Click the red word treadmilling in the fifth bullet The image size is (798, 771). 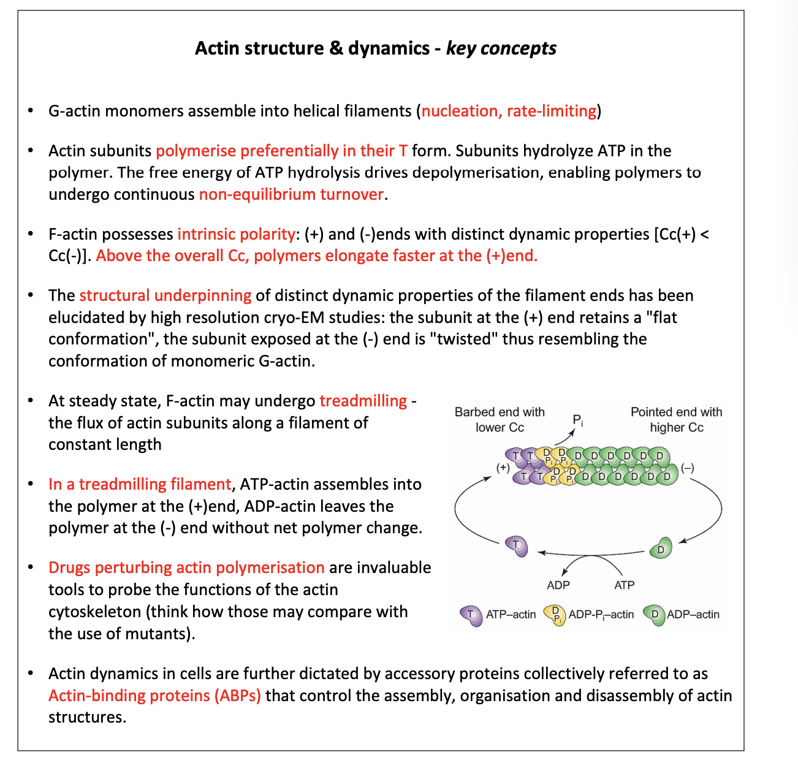(363, 401)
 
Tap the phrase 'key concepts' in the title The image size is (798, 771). (501, 48)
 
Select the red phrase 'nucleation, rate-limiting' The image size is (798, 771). (509, 111)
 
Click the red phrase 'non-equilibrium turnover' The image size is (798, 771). (291, 194)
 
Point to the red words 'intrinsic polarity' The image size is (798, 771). (237, 234)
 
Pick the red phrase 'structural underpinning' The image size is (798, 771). (165, 295)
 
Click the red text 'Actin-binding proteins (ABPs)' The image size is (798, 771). (154, 696)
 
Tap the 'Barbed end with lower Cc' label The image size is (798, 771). (500, 420)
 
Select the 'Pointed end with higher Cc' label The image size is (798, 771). (676, 420)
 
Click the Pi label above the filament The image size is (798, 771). (578, 420)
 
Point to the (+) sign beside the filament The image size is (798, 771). (503, 468)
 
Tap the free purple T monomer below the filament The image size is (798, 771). (517, 545)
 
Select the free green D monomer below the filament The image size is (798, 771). (661, 549)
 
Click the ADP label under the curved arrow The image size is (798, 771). (558, 585)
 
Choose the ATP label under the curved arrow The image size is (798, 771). (624, 585)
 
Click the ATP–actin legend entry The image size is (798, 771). (499, 615)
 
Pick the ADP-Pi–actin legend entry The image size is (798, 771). (589, 615)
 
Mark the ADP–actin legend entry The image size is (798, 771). (682, 615)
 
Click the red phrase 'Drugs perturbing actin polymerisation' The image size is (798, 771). (186, 568)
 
